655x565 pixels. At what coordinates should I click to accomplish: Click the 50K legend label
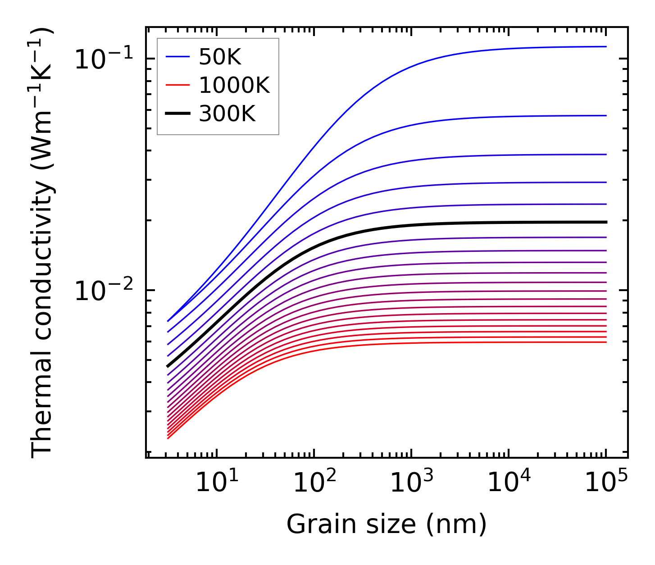pos(220,57)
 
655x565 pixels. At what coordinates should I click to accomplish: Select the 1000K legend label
pos(234,86)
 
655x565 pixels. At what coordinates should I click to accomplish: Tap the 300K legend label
pos(227,114)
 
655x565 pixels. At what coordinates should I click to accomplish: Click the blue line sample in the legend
pos(178,57)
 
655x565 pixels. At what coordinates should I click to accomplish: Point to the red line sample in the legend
pos(178,86)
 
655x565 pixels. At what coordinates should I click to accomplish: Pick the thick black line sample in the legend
pos(178,114)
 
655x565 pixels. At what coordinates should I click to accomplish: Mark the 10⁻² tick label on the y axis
pos(104,291)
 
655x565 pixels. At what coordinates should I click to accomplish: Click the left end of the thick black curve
pos(168,367)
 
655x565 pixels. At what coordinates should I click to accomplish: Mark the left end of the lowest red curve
pos(168,438)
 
